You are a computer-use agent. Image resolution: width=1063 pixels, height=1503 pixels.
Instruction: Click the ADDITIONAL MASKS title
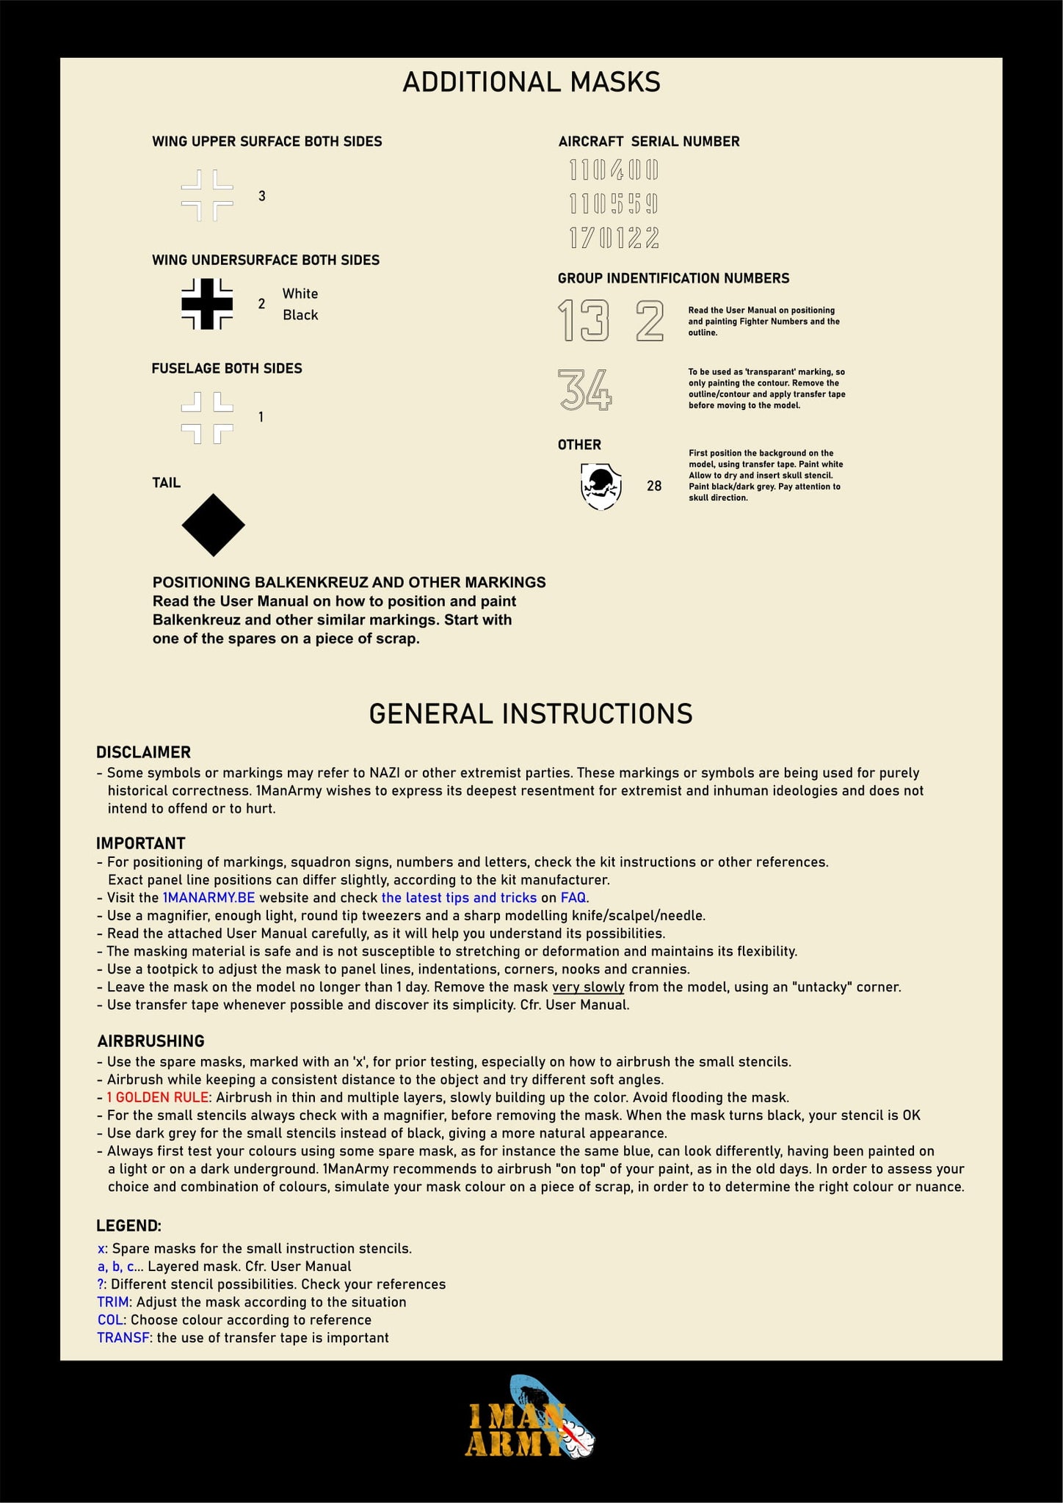(531, 82)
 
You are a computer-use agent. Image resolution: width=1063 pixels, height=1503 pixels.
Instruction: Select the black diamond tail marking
(213, 525)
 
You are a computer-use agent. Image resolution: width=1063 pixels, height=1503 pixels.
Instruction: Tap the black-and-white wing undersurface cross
(207, 303)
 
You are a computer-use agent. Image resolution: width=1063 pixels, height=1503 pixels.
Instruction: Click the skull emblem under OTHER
(601, 486)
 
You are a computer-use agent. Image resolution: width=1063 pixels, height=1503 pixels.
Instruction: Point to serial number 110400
(614, 171)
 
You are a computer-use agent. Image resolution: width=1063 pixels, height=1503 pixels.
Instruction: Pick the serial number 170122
(614, 238)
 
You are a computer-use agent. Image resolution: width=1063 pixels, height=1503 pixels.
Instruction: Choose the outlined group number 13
(584, 321)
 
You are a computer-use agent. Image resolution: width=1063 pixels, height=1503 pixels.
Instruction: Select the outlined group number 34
(585, 389)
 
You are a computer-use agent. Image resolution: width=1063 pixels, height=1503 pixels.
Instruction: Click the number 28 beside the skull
(654, 486)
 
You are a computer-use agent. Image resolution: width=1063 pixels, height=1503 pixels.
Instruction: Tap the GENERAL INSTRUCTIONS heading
(531, 714)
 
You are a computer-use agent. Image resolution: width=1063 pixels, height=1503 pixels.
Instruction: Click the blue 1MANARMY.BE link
(208, 898)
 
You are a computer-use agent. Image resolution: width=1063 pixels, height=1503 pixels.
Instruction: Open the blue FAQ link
(573, 898)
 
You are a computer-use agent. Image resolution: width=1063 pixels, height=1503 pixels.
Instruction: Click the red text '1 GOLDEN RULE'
(159, 1097)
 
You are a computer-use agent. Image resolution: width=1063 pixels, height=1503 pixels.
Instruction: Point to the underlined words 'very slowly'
(588, 987)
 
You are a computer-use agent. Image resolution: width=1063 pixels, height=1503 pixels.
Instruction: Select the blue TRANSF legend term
(123, 1338)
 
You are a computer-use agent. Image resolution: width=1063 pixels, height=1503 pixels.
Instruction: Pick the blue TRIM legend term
(114, 1302)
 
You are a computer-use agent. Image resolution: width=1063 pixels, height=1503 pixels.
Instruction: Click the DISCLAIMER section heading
(143, 752)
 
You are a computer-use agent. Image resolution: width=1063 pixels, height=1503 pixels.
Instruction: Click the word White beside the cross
(300, 294)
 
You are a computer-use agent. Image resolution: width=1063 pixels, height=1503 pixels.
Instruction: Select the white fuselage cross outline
(207, 418)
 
